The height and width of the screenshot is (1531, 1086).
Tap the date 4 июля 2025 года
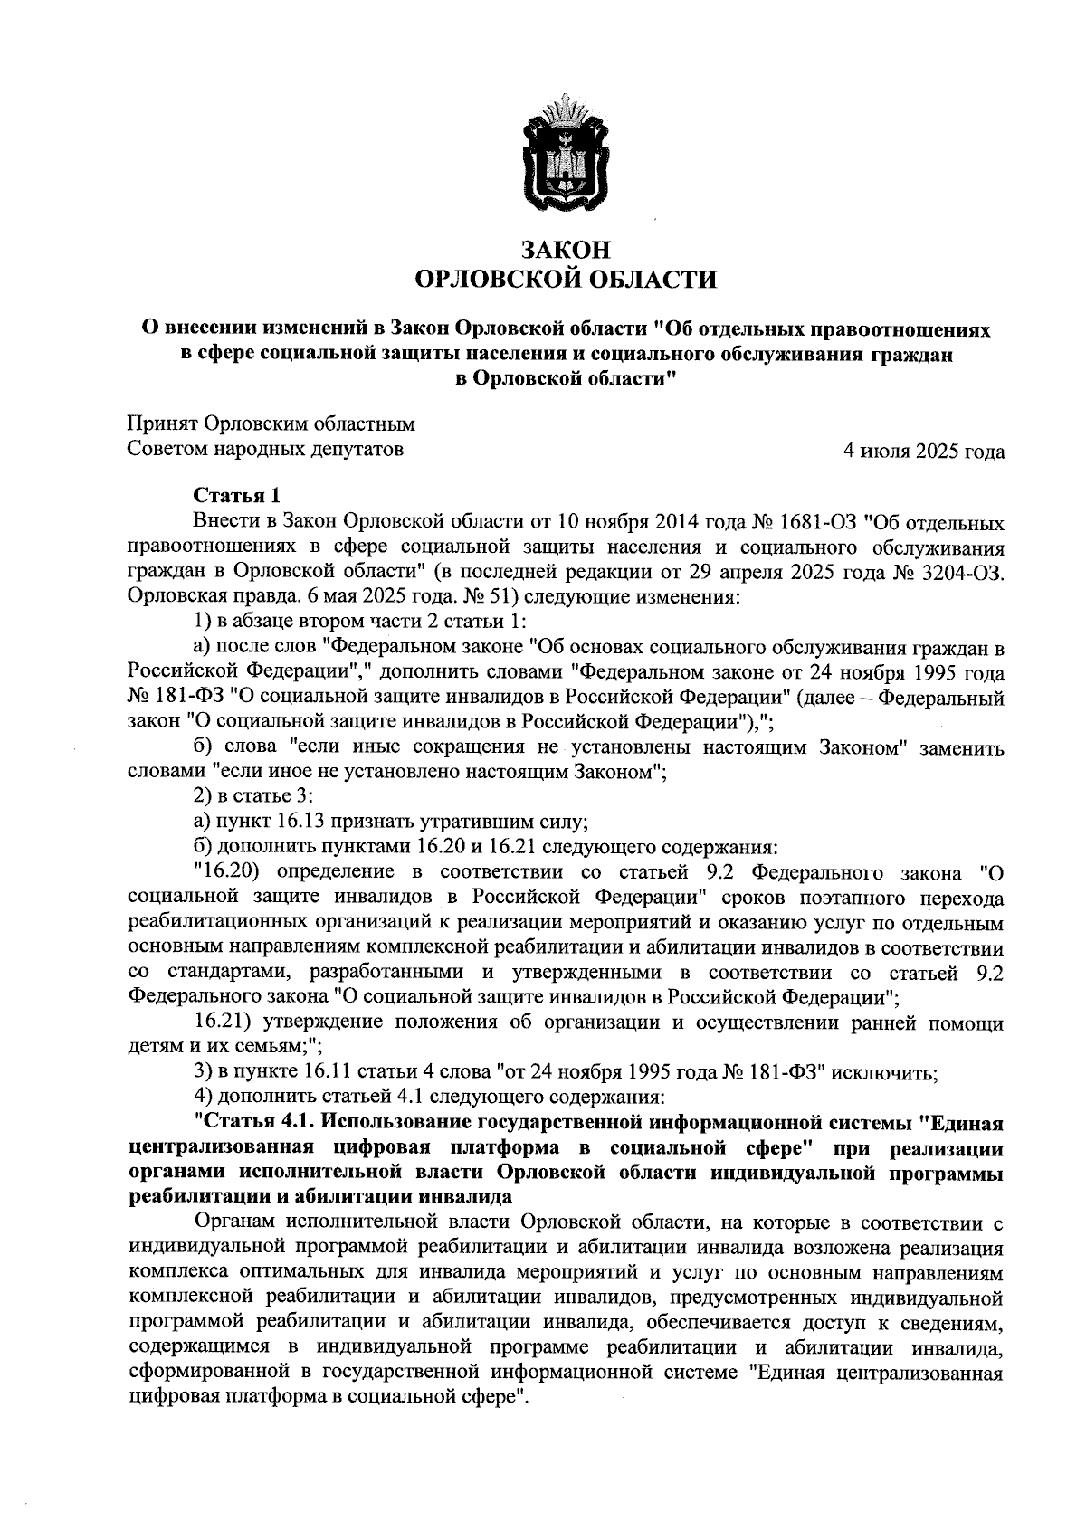click(x=923, y=451)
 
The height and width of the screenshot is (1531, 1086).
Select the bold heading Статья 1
click(x=238, y=496)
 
